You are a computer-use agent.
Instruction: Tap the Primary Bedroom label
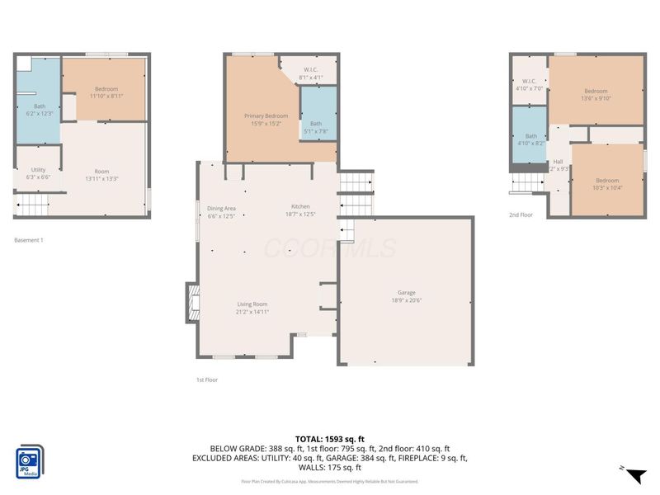[x=266, y=116]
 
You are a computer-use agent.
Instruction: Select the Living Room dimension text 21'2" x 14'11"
[x=252, y=312]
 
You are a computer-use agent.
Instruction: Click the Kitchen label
[x=300, y=206]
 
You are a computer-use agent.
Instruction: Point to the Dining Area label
[x=221, y=208]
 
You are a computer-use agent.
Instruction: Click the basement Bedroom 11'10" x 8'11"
[x=106, y=89]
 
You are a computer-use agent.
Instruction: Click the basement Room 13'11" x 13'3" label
[x=101, y=172]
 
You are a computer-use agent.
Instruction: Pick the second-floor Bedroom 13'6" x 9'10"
[x=596, y=92]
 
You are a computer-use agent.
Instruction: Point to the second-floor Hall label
[x=558, y=162]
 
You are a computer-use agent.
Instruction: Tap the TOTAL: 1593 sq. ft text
[x=329, y=438]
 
